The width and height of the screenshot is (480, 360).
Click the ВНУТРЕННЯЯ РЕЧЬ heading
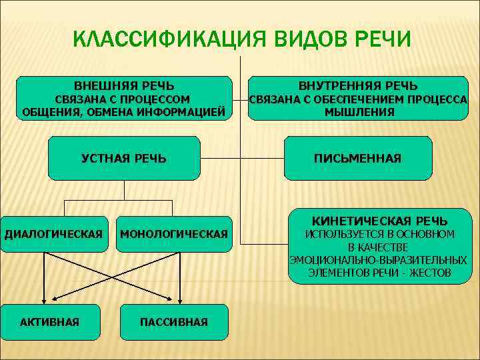[358, 86]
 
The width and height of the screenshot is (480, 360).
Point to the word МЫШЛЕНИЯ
[359, 113]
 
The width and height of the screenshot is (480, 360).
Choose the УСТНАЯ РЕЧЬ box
[124, 159]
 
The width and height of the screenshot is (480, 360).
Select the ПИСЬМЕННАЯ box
[358, 159]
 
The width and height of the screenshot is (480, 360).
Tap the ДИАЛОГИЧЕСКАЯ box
[54, 234]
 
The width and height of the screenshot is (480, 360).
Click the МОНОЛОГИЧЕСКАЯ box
[173, 234]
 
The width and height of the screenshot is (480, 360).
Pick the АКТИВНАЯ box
[50, 322]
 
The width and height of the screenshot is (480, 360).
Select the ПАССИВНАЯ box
[173, 322]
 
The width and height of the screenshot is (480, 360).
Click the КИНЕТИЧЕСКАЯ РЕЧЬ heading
[380, 221]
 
